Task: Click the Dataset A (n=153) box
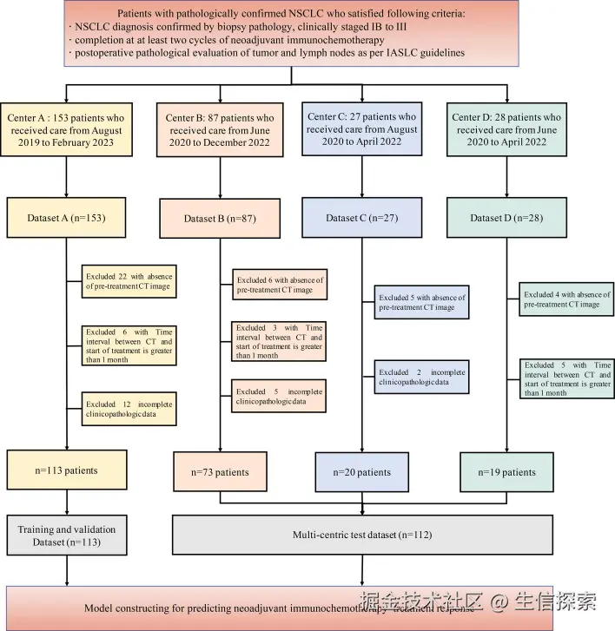pos(68,217)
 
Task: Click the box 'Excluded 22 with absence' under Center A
pos(129,282)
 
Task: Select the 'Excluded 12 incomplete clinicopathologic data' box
pos(129,408)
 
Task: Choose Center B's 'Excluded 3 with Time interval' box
pos(279,341)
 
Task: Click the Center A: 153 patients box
pos(68,129)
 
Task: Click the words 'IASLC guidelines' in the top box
pos(428,54)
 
